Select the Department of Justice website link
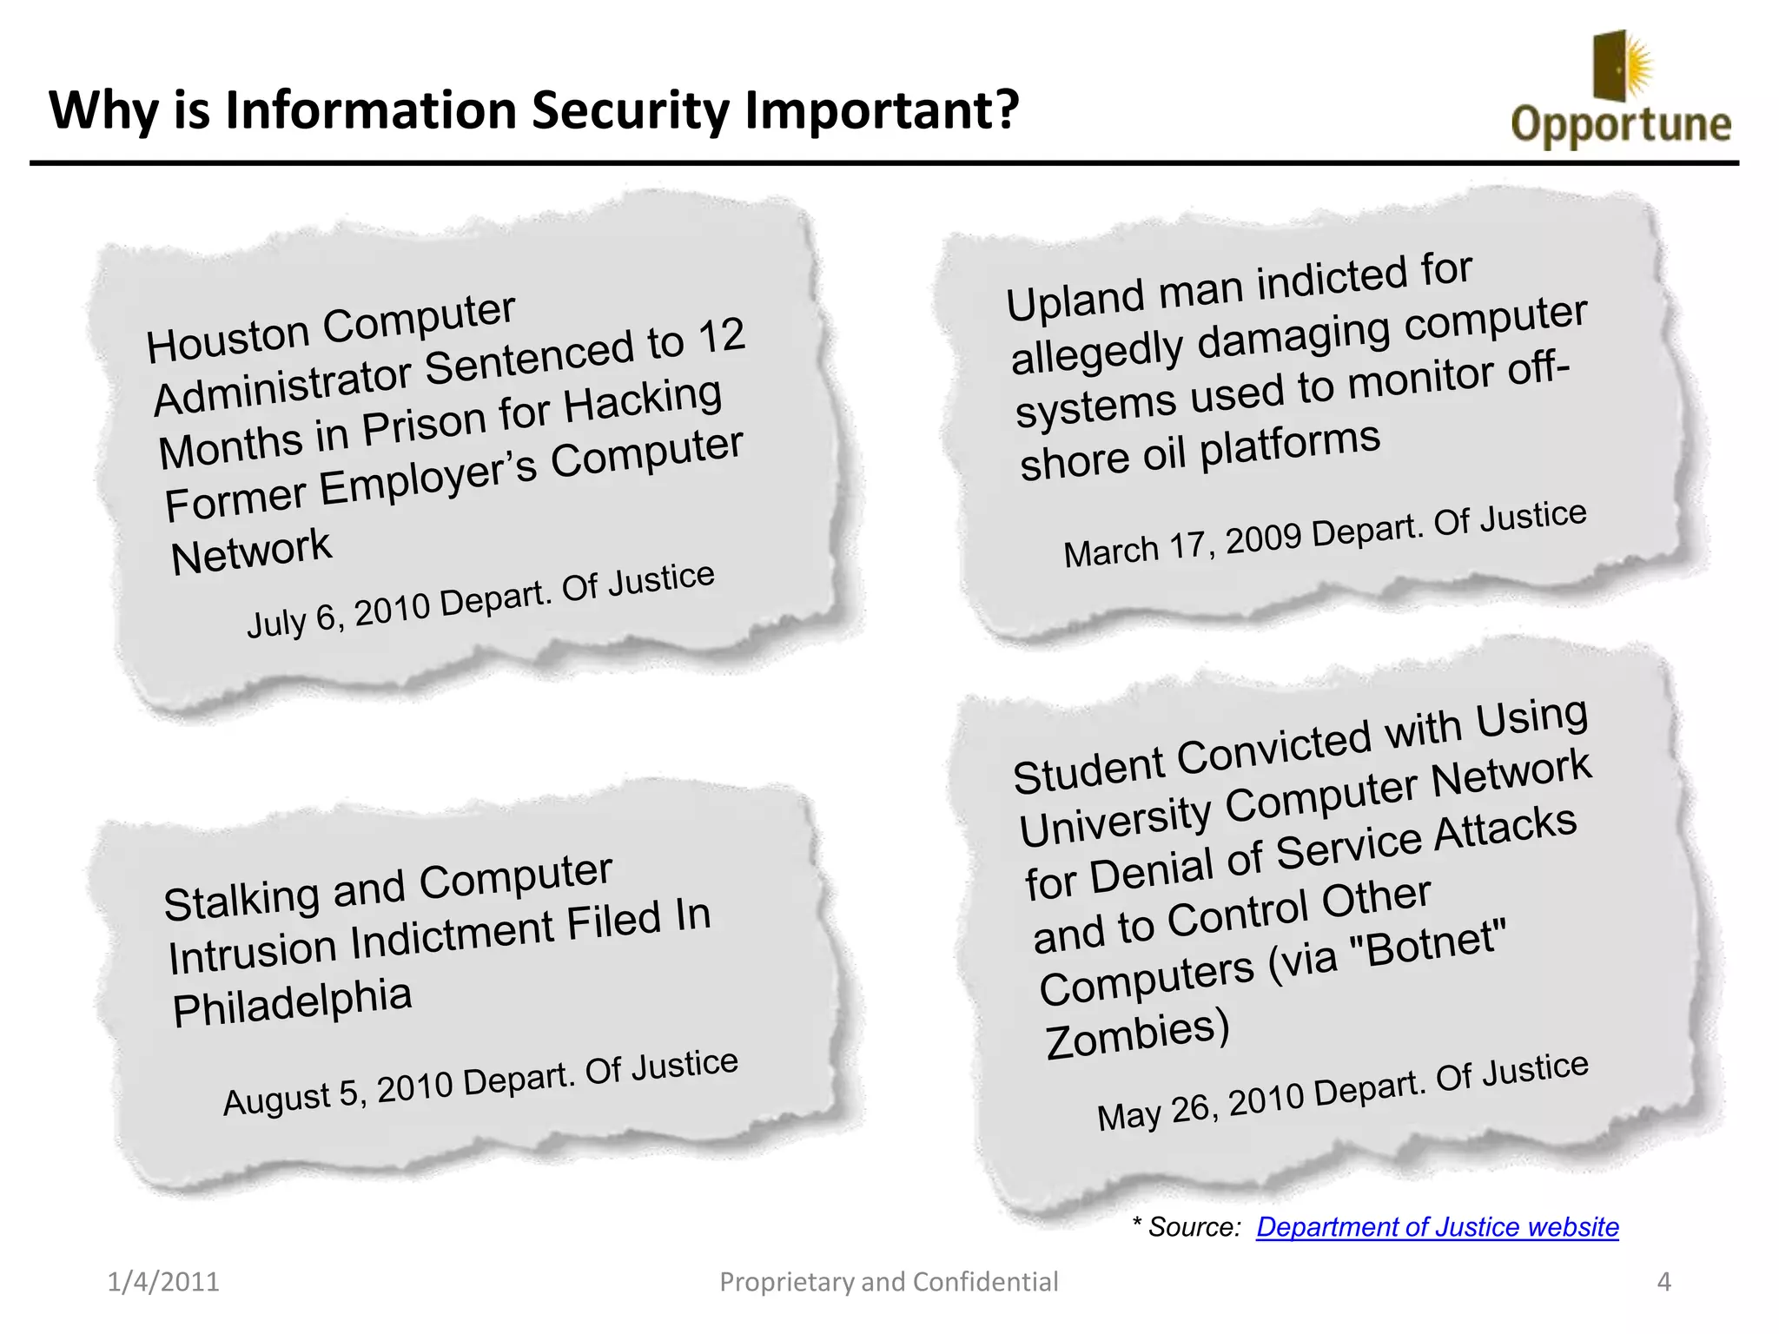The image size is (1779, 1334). coord(1437,1226)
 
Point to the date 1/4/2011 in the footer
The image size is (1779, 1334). coord(163,1282)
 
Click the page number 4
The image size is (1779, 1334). coord(1663,1282)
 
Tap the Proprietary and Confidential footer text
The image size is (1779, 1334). coord(889,1282)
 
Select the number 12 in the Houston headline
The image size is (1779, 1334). coord(720,336)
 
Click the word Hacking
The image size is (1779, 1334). coord(643,401)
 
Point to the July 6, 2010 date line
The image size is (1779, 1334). coord(480,600)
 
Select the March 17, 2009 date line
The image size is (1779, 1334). coord(1325,535)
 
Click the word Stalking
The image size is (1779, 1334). coord(241,899)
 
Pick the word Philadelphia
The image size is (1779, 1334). coord(292,1002)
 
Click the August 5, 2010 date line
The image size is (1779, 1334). coord(480,1082)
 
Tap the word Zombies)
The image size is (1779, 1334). coord(1136,1034)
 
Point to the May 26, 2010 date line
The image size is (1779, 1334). coord(1342,1091)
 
